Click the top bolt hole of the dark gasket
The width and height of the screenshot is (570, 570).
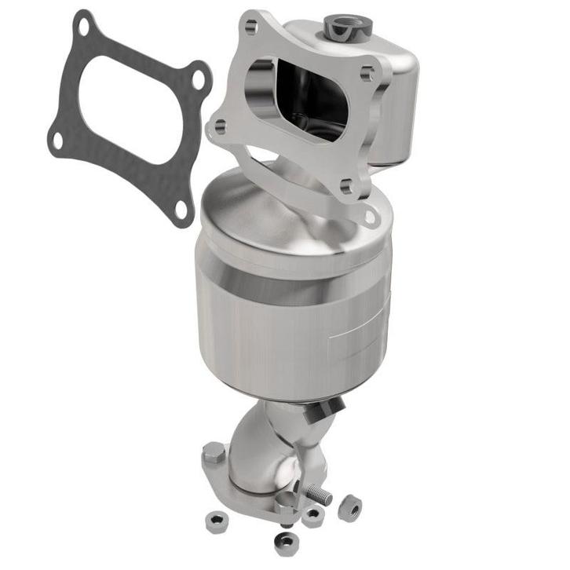[x=82, y=27]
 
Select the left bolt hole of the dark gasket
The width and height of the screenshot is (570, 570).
[x=57, y=141]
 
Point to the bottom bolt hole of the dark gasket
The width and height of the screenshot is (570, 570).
[x=181, y=210]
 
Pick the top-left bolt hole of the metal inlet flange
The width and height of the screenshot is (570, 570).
[x=250, y=28]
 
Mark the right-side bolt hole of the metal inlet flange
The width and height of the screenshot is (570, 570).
[x=367, y=75]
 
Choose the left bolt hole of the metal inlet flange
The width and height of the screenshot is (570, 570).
[x=221, y=125]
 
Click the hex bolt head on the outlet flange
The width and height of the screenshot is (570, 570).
[x=214, y=454]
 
